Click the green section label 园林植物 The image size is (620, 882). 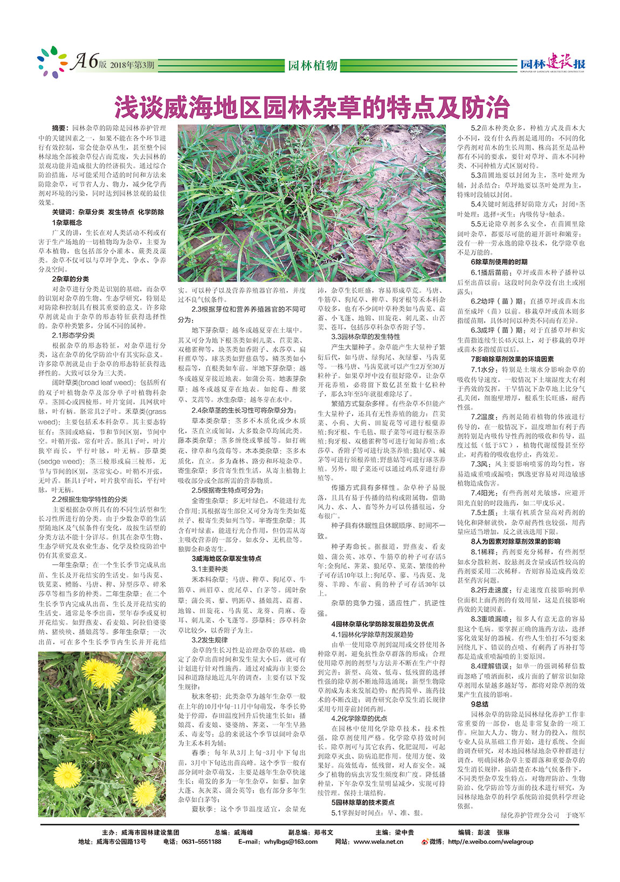(x=312, y=65)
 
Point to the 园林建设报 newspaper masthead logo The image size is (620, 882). (x=552, y=65)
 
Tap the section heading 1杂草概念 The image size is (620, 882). (x=67, y=222)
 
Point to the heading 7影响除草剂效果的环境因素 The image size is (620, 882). (x=512, y=359)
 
